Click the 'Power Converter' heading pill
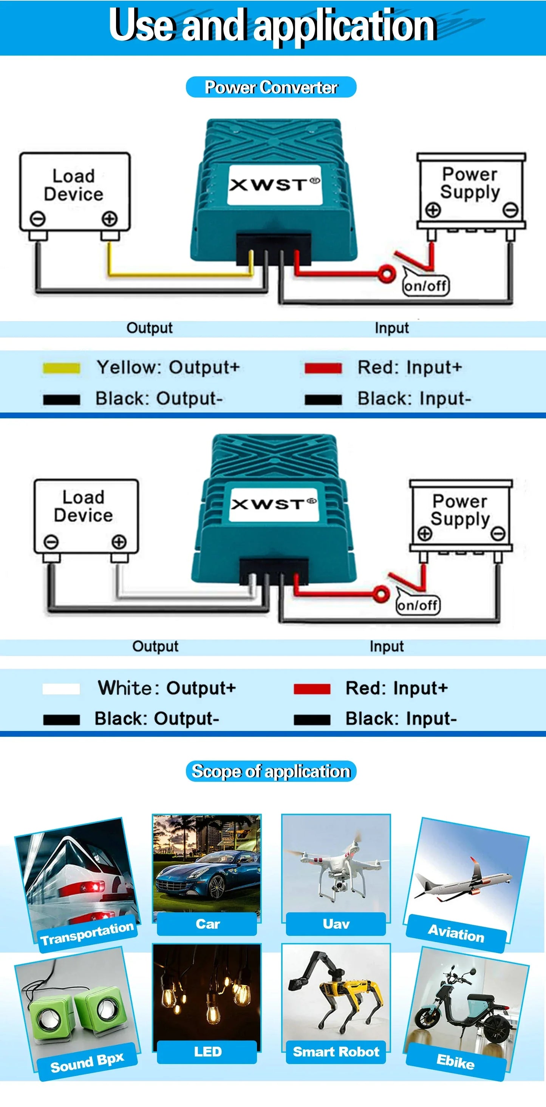click(x=271, y=87)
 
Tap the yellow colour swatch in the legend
click(x=62, y=368)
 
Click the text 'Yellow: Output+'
click(x=168, y=367)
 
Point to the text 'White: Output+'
click(x=167, y=688)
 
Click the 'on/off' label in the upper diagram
click(x=425, y=285)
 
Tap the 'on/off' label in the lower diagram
click(x=418, y=605)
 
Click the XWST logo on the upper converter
click(x=274, y=184)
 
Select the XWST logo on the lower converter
click(x=274, y=504)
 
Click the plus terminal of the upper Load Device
click(x=110, y=218)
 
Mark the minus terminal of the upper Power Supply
click(x=511, y=211)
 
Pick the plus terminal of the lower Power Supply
click(x=425, y=534)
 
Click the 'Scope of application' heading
click(x=271, y=771)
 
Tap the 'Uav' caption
click(x=336, y=924)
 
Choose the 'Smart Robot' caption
click(x=336, y=1051)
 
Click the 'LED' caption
click(x=208, y=1051)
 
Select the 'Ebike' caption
click(x=455, y=1061)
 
